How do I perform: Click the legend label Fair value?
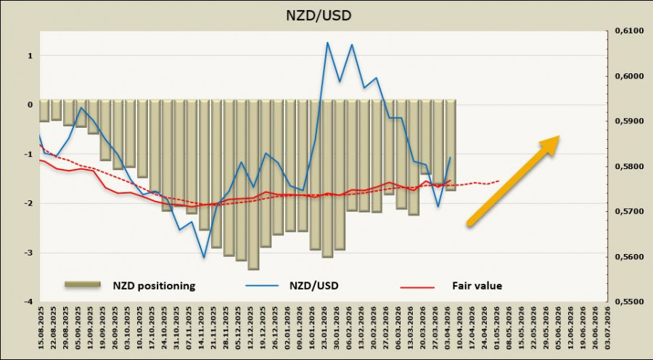click(478, 286)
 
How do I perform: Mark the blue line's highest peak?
click(327, 42)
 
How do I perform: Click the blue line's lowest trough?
click(204, 257)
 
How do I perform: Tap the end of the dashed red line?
click(499, 181)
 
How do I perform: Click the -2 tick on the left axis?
click(29, 203)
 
